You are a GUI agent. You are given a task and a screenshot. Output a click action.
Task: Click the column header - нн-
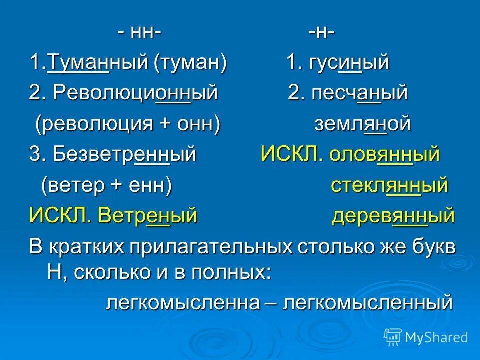(139, 33)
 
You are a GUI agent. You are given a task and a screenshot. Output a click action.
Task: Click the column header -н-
(321, 33)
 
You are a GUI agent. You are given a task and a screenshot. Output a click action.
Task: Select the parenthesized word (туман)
(190, 63)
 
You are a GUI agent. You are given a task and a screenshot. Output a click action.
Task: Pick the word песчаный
(360, 93)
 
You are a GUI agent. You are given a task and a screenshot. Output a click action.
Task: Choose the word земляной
(362, 124)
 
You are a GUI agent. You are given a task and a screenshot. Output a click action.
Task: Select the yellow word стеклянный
(389, 185)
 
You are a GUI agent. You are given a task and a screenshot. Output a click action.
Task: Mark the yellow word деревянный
(393, 216)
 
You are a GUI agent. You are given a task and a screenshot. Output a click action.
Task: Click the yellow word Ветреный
(148, 216)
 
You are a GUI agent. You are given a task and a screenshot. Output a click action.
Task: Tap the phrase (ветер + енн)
(106, 185)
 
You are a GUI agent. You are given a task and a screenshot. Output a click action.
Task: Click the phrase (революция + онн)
(127, 124)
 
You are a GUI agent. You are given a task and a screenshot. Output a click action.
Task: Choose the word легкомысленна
(183, 302)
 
